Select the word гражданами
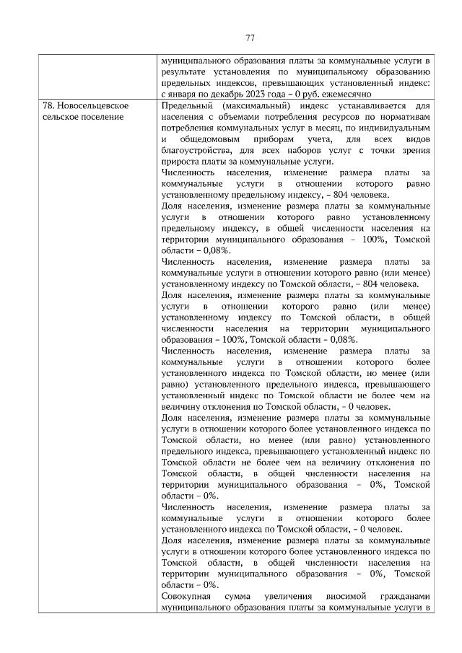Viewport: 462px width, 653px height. pyautogui.click(x=405, y=597)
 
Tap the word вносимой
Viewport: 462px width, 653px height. pyautogui.click(x=340, y=597)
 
